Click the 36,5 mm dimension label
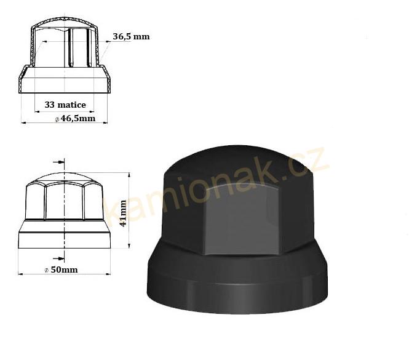tap(131, 36)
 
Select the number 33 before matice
tap(49, 105)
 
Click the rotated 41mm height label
tap(123, 214)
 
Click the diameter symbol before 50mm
tap(47, 270)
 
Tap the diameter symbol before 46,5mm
tap(57, 119)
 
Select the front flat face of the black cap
tap(242, 221)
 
